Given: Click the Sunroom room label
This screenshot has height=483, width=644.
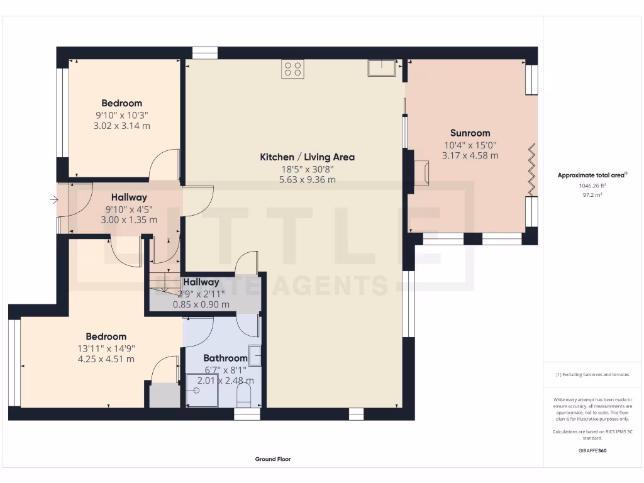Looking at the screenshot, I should tap(470, 133).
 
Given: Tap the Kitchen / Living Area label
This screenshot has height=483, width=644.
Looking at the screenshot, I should tap(307, 157).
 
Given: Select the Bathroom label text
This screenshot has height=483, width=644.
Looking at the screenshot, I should tap(225, 358).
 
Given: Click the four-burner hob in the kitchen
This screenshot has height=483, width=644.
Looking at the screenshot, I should tap(292, 69).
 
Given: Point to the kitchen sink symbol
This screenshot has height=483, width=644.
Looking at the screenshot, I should tap(382, 67).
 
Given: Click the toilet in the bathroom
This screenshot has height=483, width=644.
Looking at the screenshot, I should tap(243, 396).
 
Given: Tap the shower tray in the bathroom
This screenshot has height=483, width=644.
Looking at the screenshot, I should tap(201, 389).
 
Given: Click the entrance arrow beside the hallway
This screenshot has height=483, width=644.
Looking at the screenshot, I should tap(53, 201).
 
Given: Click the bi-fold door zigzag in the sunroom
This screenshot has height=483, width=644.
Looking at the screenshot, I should tap(531, 170).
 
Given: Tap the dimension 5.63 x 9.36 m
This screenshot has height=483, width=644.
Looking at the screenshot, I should tap(307, 179).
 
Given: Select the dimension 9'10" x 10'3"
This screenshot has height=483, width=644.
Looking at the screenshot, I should tap(122, 115).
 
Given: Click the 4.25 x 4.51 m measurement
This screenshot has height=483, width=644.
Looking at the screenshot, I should tap(106, 359).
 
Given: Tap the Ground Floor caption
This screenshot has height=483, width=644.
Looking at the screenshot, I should tap(273, 459).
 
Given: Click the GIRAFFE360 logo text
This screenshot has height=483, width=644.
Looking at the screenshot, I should tap(592, 450).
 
